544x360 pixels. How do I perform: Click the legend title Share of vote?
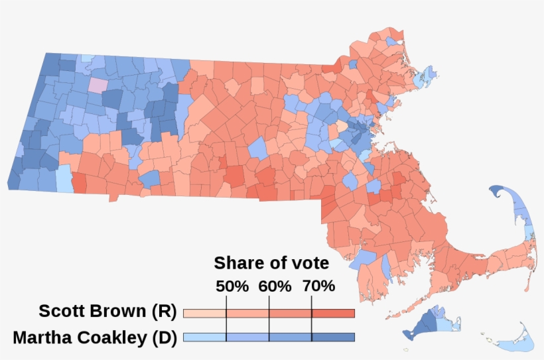point(271,263)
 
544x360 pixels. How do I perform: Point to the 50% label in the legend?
point(232,286)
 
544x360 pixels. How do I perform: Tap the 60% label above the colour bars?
point(275,286)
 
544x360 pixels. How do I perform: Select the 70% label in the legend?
point(318,286)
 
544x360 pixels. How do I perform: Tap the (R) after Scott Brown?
point(162,312)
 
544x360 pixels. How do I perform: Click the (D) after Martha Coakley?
point(163,337)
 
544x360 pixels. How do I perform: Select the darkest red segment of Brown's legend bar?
point(333,313)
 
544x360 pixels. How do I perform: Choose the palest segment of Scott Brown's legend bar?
point(204,313)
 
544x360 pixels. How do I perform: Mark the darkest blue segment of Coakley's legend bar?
point(333,337)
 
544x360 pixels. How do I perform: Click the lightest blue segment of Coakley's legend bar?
point(204,337)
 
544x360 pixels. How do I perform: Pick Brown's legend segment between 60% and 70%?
point(290,313)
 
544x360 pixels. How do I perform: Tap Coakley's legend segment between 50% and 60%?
point(247,337)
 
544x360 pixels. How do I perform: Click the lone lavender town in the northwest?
point(97,86)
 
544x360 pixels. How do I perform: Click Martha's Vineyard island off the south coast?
point(428,322)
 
